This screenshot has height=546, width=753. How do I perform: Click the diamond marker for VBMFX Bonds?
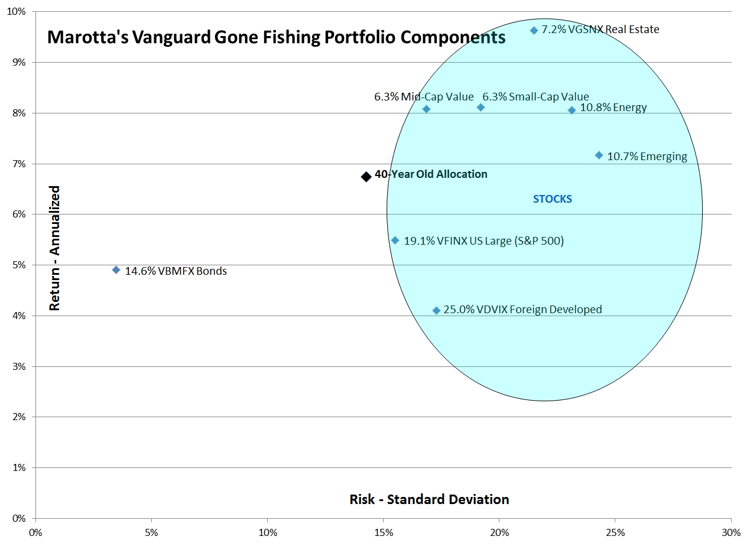(x=116, y=270)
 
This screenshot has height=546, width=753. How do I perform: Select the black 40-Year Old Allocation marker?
(x=366, y=176)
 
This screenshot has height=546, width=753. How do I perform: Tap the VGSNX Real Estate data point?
(x=534, y=30)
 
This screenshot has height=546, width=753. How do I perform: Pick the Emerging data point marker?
(x=599, y=155)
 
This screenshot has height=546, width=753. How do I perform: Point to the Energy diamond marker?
(x=572, y=110)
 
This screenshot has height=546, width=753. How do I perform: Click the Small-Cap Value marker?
(x=481, y=108)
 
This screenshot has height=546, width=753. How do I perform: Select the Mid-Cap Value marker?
(x=426, y=109)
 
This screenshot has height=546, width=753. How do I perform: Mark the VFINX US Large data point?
(x=395, y=240)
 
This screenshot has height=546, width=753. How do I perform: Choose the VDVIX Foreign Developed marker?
(x=436, y=310)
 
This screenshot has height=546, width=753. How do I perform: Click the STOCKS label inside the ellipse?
(x=552, y=199)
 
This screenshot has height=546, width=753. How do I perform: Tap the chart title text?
(x=276, y=38)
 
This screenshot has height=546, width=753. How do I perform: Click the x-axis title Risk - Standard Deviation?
(x=429, y=499)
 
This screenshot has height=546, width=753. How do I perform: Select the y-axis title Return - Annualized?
(x=55, y=248)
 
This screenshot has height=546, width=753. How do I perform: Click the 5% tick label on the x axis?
(x=152, y=531)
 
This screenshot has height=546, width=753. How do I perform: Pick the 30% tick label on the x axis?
(x=731, y=531)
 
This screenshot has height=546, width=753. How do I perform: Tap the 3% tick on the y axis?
(x=21, y=366)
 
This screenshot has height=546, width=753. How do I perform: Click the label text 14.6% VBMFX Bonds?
(x=176, y=272)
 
